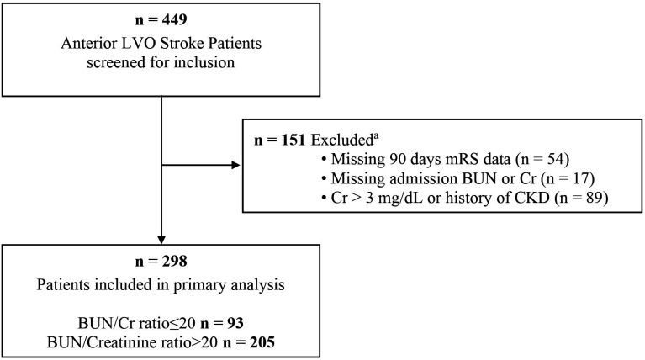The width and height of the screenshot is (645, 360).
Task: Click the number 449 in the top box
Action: [x=174, y=19]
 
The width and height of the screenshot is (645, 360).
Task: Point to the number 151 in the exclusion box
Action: [x=293, y=140]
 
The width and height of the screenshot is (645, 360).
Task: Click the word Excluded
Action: [x=341, y=140]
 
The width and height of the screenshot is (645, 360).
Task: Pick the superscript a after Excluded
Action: [x=376, y=136]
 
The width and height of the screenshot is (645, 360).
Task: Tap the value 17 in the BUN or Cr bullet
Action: [x=581, y=178]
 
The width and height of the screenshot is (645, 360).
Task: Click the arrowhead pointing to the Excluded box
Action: [x=236, y=166]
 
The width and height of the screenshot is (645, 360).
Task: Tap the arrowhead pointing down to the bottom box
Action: [x=161, y=240]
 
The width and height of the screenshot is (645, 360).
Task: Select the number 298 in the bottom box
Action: [x=174, y=262]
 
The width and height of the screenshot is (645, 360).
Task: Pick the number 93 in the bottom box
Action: [x=235, y=323]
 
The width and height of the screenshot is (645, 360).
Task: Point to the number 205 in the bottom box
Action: [x=262, y=342]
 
